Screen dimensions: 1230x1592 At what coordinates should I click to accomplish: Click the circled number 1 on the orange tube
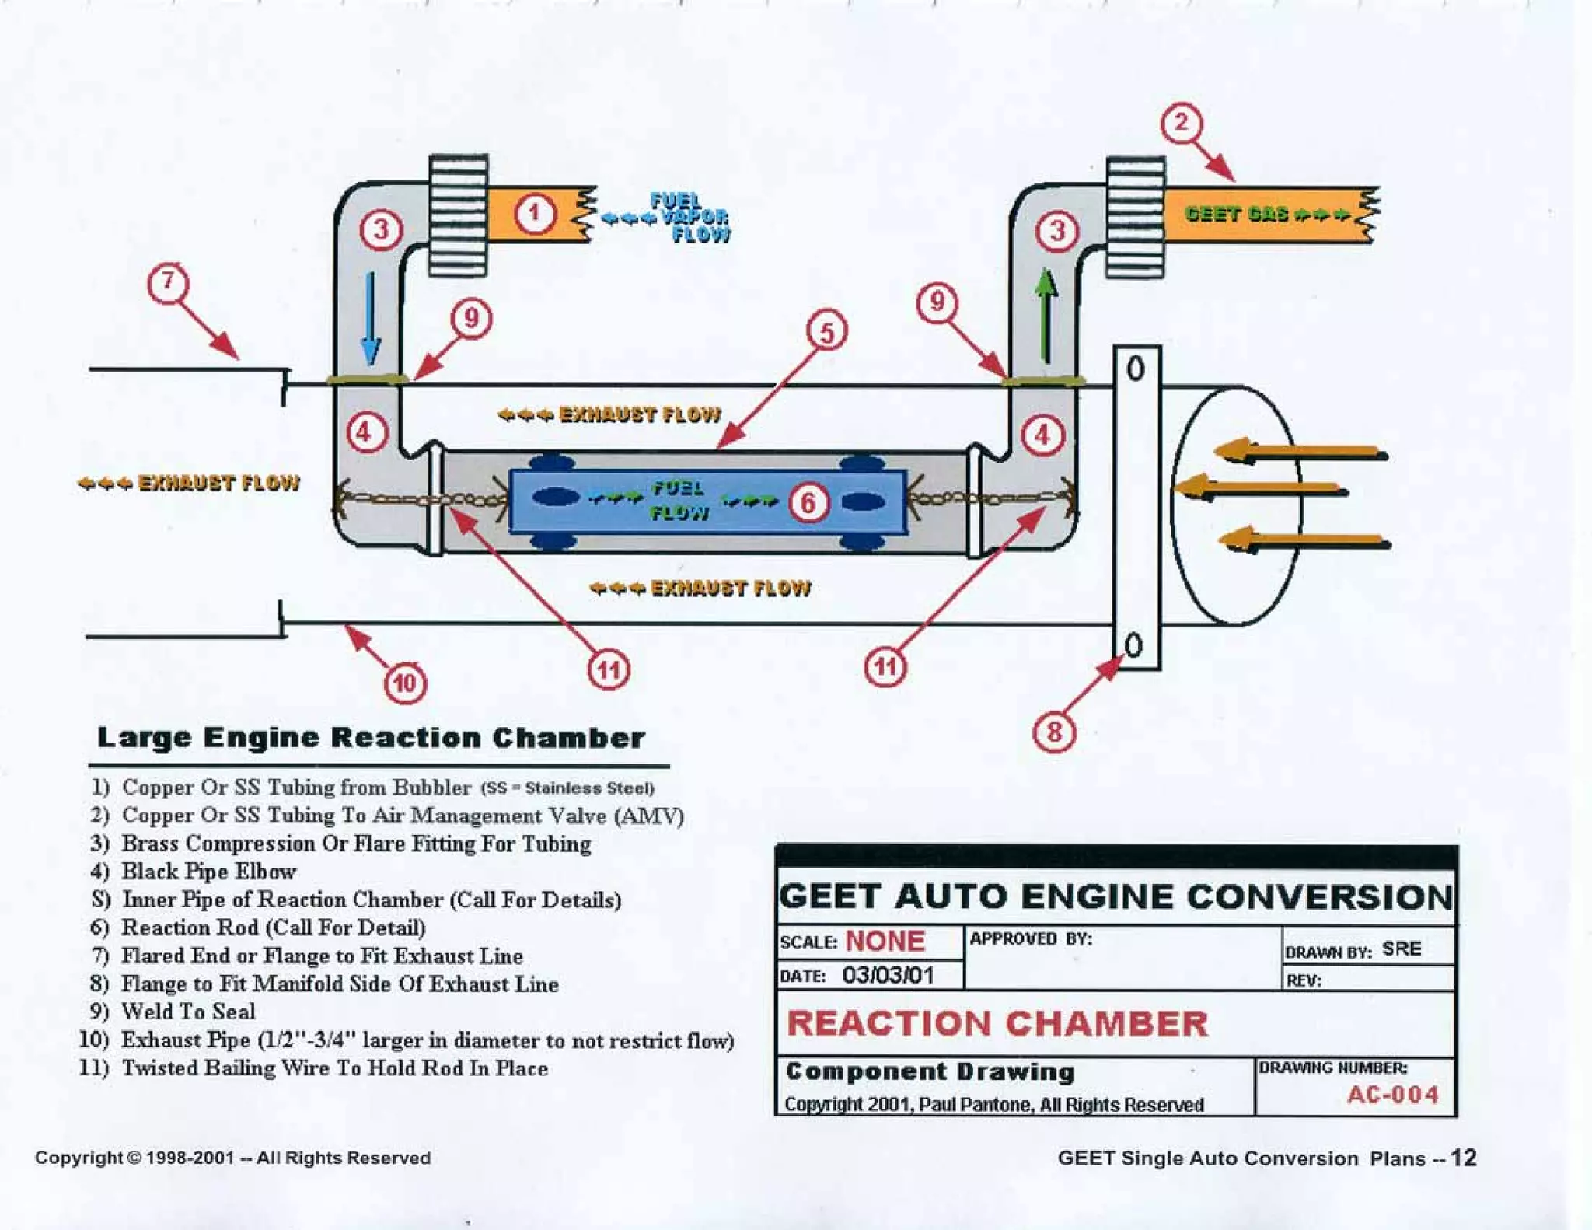click(x=534, y=213)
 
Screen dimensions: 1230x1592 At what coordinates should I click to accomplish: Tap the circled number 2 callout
click(x=1181, y=123)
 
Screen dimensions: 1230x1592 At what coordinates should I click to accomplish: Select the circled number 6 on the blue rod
click(x=808, y=502)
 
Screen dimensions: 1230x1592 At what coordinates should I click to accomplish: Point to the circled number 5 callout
click(x=826, y=332)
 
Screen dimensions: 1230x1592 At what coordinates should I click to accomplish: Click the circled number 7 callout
click(x=169, y=283)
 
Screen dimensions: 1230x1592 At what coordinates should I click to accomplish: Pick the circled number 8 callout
click(x=1054, y=732)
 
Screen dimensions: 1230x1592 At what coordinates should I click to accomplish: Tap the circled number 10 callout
click(x=405, y=683)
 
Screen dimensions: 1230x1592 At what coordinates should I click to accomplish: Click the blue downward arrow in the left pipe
click(x=371, y=318)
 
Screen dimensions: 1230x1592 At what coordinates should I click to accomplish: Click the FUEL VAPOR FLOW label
click(x=688, y=218)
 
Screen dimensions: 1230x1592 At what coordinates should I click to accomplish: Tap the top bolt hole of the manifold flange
click(x=1136, y=368)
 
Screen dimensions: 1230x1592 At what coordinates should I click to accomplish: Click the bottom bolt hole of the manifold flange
click(x=1134, y=645)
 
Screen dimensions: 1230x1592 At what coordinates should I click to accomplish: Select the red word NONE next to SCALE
click(x=885, y=941)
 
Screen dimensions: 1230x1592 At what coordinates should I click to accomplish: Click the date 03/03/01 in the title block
click(x=888, y=975)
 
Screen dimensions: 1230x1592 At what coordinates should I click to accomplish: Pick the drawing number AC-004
click(x=1392, y=1095)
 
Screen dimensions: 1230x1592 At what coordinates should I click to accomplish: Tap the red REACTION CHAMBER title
click(x=998, y=1023)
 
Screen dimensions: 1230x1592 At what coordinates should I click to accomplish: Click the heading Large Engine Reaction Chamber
click(x=371, y=738)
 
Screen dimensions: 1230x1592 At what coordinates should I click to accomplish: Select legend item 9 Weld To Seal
click(x=187, y=1012)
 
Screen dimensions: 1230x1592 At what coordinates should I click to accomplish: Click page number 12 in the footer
click(x=1463, y=1158)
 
